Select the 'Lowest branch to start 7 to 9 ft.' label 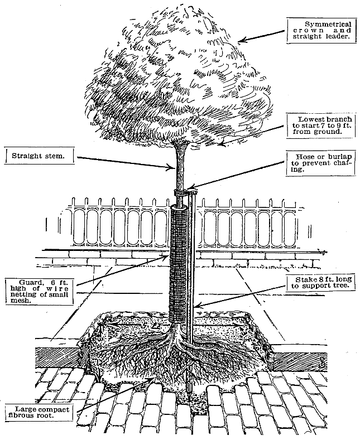click(320, 125)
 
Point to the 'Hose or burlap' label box click(320, 163)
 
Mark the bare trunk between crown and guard click(180, 167)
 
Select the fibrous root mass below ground click(179, 362)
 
